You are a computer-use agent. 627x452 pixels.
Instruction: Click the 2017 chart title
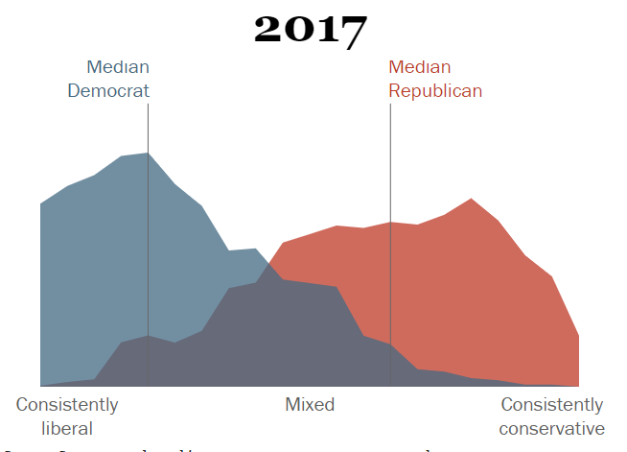point(310,30)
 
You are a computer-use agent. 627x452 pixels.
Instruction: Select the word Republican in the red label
point(434,91)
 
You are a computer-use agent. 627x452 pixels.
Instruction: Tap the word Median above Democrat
point(118,67)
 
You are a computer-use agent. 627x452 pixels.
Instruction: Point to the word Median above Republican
point(419,67)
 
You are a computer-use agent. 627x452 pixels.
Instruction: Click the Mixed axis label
point(310,404)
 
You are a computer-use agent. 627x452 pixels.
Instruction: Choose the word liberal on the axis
point(67,428)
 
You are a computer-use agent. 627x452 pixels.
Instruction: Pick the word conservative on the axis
point(552,428)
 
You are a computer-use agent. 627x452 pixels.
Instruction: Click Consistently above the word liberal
point(67,404)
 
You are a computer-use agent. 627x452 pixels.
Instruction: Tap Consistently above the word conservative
point(552,404)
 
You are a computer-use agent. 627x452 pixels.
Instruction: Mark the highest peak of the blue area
point(148,154)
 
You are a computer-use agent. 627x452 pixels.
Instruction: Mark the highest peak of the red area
point(471,200)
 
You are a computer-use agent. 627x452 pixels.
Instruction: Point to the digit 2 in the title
point(269,30)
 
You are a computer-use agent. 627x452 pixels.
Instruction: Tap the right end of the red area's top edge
point(578,337)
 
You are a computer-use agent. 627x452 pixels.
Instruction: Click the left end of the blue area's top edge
point(41,203)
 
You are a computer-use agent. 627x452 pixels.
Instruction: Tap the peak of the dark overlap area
point(282,279)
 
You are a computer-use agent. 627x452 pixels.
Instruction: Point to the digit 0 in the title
point(298,30)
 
